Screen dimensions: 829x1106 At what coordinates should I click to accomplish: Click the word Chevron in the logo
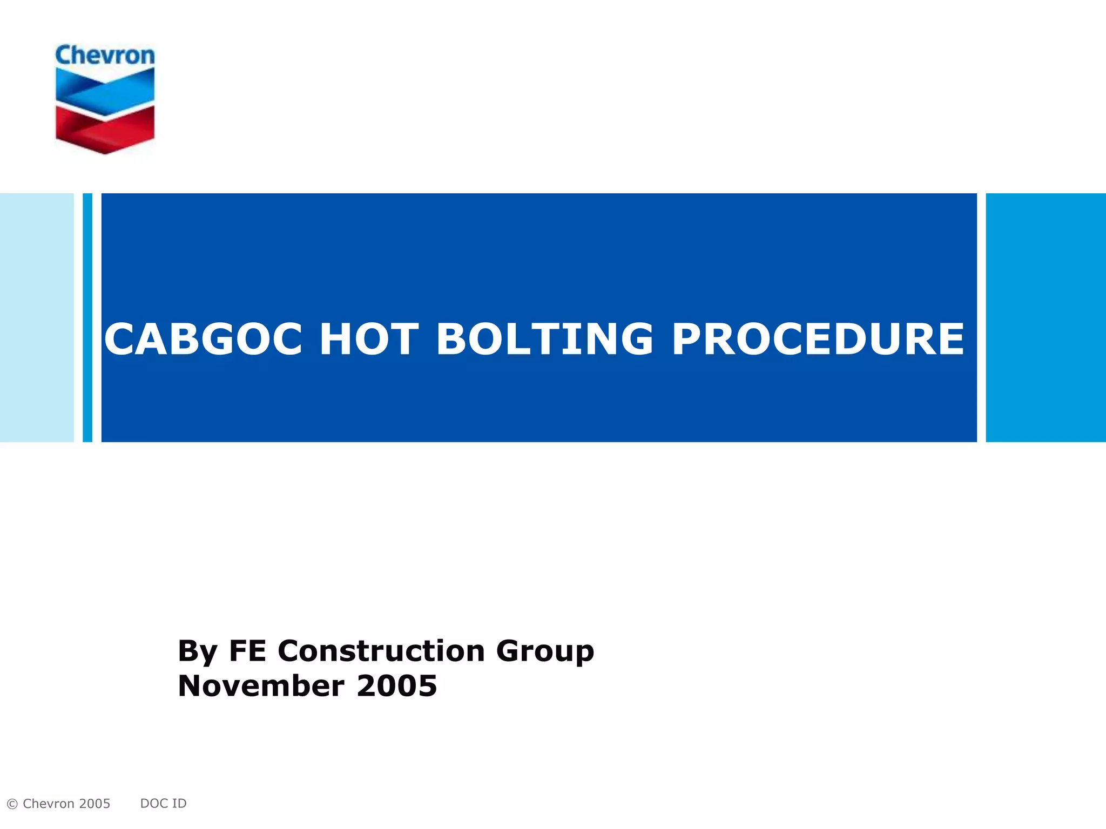[x=105, y=56]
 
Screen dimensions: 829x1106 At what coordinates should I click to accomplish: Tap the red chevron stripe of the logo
[x=105, y=130]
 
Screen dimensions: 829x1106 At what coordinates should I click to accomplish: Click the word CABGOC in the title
[x=203, y=339]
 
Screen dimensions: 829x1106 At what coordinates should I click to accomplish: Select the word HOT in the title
[x=369, y=339]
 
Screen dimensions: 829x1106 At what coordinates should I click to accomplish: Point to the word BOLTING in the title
[x=544, y=339]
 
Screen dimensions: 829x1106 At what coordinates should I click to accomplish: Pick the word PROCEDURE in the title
[x=818, y=339]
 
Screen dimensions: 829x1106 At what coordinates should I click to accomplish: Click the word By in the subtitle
[x=197, y=651]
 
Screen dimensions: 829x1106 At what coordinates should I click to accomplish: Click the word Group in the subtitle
[x=544, y=651]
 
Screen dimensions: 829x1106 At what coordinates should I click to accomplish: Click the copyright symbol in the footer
[x=12, y=804]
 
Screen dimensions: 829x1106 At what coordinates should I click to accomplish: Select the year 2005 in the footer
[x=95, y=804]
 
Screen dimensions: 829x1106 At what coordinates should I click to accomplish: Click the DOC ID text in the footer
[x=163, y=804]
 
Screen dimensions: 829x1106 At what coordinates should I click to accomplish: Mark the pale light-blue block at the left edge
[x=36, y=317]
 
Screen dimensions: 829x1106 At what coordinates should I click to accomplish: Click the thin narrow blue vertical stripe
[x=87, y=317]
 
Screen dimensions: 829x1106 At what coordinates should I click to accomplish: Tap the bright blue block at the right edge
[x=1046, y=317]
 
